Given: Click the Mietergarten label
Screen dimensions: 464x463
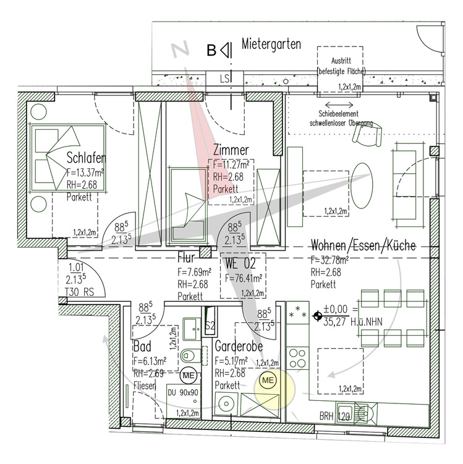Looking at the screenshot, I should pyautogui.click(x=271, y=45).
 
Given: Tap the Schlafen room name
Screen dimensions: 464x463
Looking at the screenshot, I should pyautogui.click(x=85, y=158).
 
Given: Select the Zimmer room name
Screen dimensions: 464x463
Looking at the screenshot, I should pyautogui.click(x=231, y=150).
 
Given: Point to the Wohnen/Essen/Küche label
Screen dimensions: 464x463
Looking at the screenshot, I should pyautogui.click(x=363, y=246).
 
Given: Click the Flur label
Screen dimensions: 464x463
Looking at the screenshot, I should pyautogui.click(x=187, y=258).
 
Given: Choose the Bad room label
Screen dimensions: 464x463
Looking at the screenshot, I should pyautogui.click(x=142, y=345).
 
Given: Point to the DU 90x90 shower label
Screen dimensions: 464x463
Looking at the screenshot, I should pyautogui.click(x=184, y=392).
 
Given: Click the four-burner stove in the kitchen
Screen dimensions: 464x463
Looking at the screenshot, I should pyautogui.click(x=297, y=359).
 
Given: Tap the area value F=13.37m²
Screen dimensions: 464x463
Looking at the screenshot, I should pyautogui.click(x=85, y=173).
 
